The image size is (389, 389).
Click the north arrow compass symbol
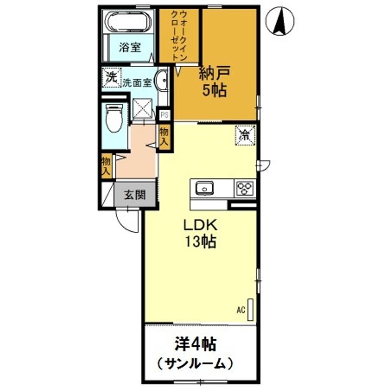[280, 21]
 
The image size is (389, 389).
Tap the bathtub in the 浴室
[129, 22]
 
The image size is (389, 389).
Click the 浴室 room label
[130, 47]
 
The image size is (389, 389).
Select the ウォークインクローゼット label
[179, 36]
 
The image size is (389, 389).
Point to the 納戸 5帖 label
[214, 81]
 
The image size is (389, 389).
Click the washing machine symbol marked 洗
[111, 78]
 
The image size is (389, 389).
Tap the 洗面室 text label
[137, 83]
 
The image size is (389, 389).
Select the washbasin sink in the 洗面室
[161, 80]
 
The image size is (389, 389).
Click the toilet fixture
[115, 118]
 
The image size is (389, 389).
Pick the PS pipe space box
[164, 115]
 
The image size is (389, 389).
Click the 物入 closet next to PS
[164, 137]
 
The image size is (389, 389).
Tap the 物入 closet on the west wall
[106, 165]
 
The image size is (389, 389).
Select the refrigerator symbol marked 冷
[245, 135]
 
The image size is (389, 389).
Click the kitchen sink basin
[204, 188]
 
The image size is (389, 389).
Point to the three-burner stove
[245, 189]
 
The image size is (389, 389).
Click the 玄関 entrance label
[135, 194]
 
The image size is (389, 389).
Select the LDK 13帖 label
[200, 233]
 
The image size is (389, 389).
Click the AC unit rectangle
[251, 310]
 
